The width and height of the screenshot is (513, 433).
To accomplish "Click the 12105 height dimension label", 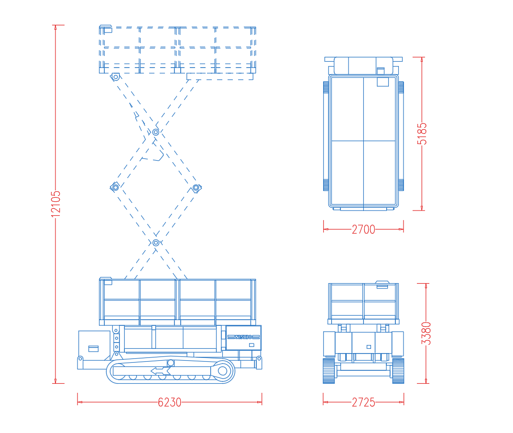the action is click(56, 204).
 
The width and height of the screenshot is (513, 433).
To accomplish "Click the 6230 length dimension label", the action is click(169, 402).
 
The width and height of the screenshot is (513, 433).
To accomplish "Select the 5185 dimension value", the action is click(422, 133).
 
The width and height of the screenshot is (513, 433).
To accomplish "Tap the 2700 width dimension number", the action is click(363, 229).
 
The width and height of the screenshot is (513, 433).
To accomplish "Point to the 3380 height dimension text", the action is click(426, 333).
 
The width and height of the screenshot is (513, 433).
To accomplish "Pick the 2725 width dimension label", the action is click(363, 402).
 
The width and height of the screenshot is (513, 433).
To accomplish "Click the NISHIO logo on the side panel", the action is click(244, 337).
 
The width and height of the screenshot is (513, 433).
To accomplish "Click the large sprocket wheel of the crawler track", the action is click(222, 371).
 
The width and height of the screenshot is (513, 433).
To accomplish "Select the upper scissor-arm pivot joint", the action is click(156, 133).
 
